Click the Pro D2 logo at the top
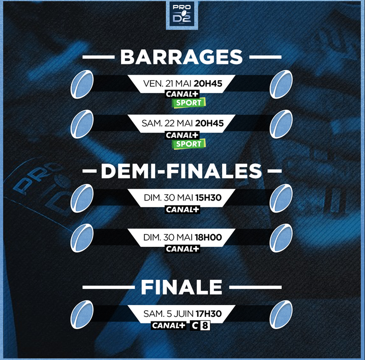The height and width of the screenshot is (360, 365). pyautogui.click(x=182, y=15)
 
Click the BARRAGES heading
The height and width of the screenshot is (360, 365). pyautogui.click(x=181, y=57)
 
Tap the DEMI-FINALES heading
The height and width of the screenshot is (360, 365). pyautogui.click(x=181, y=171)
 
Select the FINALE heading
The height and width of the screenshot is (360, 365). pyautogui.click(x=181, y=287)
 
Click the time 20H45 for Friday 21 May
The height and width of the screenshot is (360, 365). pyautogui.click(x=208, y=83)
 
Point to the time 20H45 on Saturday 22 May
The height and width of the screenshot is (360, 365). pyautogui.click(x=209, y=123)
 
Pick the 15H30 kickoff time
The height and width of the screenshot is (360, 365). pyautogui.click(x=208, y=198)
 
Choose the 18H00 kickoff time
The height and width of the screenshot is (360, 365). pyautogui.click(x=208, y=237)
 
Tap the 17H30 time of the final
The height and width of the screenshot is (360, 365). pyautogui.click(x=208, y=314)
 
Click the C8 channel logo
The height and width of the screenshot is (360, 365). pyautogui.click(x=200, y=325)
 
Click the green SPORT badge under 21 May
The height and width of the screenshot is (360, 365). pyautogui.click(x=189, y=103)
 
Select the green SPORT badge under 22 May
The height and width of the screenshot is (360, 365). pyautogui.click(x=189, y=144)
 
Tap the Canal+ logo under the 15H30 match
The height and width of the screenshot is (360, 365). pyautogui.click(x=182, y=210)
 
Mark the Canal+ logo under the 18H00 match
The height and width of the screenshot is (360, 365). pyautogui.click(x=182, y=249)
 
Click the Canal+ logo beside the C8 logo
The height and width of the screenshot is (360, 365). pyautogui.click(x=169, y=325)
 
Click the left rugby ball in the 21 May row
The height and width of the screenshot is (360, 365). pyautogui.click(x=82, y=84)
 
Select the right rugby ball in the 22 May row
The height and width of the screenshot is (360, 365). pyautogui.click(x=281, y=124)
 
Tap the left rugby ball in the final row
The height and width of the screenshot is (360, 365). pyautogui.click(x=82, y=314)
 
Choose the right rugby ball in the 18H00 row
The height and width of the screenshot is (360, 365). pyautogui.click(x=281, y=238)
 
